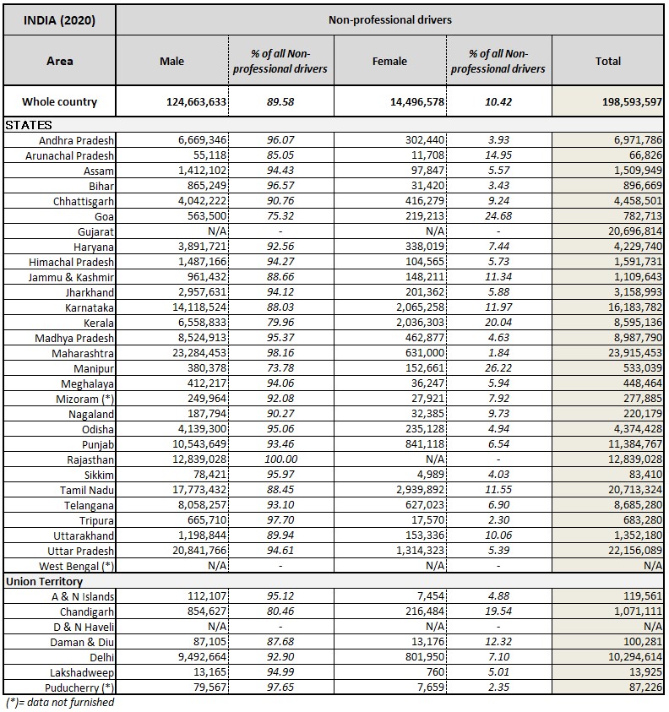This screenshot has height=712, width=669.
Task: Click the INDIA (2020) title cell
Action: (x=59, y=19)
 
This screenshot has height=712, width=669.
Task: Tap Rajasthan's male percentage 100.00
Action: (x=280, y=459)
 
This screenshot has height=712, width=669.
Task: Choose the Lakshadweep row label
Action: (x=84, y=672)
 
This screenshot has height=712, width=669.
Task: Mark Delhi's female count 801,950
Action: (x=417, y=657)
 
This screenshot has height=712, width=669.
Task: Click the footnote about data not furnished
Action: (x=60, y=703)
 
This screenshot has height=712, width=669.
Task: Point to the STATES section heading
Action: (x=29, y=125)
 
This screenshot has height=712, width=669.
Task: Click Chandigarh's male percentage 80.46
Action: (x=280, y=611)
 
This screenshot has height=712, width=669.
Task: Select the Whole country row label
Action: (x=59, y=102)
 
